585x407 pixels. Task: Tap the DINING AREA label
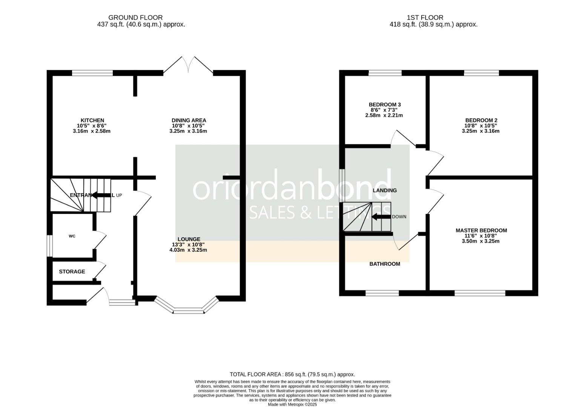[189, 121]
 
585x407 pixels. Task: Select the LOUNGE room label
[189, 239]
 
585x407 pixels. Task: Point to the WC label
[72, 236]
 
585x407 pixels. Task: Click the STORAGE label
[72, 272]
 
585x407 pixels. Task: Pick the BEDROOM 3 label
[384, 104]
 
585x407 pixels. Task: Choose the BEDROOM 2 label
[481, 121]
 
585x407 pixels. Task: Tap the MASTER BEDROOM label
[481, 230]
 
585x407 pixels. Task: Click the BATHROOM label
[384, 264]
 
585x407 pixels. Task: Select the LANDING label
[384, 190]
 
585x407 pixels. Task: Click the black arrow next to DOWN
[381, 217]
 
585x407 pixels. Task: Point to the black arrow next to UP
[102, 195]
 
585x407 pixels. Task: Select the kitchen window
[92, 73]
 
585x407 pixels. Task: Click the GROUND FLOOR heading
[135, 17]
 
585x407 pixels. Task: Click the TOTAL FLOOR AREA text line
[292, 374]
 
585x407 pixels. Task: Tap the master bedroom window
[480, 293]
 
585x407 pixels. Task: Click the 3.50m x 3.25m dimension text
[481, 241]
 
